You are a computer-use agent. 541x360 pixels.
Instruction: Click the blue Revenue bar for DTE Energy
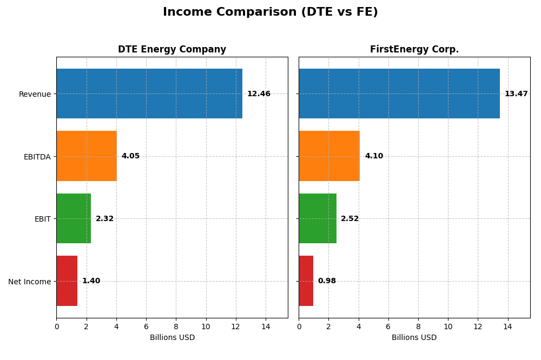pos(149,94)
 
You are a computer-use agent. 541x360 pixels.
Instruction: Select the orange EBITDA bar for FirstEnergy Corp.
pos(329,156)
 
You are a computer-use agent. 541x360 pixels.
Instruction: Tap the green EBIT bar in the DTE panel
pos(74,218)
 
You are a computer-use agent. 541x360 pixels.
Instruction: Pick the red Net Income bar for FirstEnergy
pos(306,281)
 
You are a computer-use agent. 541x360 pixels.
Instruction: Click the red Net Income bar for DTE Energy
pos(67,281)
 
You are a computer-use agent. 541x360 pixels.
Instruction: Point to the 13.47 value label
pos(516,94)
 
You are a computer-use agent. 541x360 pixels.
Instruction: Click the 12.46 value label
pos(259,94)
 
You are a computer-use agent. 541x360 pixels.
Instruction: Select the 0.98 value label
pos(327,281)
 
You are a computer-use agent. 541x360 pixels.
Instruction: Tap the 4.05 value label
pos(130,156)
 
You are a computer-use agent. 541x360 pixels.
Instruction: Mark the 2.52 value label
pos(349,219)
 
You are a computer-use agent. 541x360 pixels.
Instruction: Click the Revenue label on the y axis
pos(35,94)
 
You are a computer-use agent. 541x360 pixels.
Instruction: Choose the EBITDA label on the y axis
pos(37,157)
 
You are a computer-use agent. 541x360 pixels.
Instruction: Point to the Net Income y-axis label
pos(29,282)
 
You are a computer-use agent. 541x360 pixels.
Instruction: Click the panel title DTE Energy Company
pos(172,50)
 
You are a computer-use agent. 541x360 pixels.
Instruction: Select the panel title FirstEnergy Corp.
pos(414,50)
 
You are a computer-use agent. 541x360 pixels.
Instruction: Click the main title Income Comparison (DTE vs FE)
pos(270,12)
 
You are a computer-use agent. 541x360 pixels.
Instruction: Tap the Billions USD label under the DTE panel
pos(172,338)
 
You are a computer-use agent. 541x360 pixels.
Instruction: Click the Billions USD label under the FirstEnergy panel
pos(414,338)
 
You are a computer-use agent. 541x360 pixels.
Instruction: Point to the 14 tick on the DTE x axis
pos(266,327)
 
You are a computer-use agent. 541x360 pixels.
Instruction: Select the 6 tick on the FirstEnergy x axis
pos(388,327)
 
